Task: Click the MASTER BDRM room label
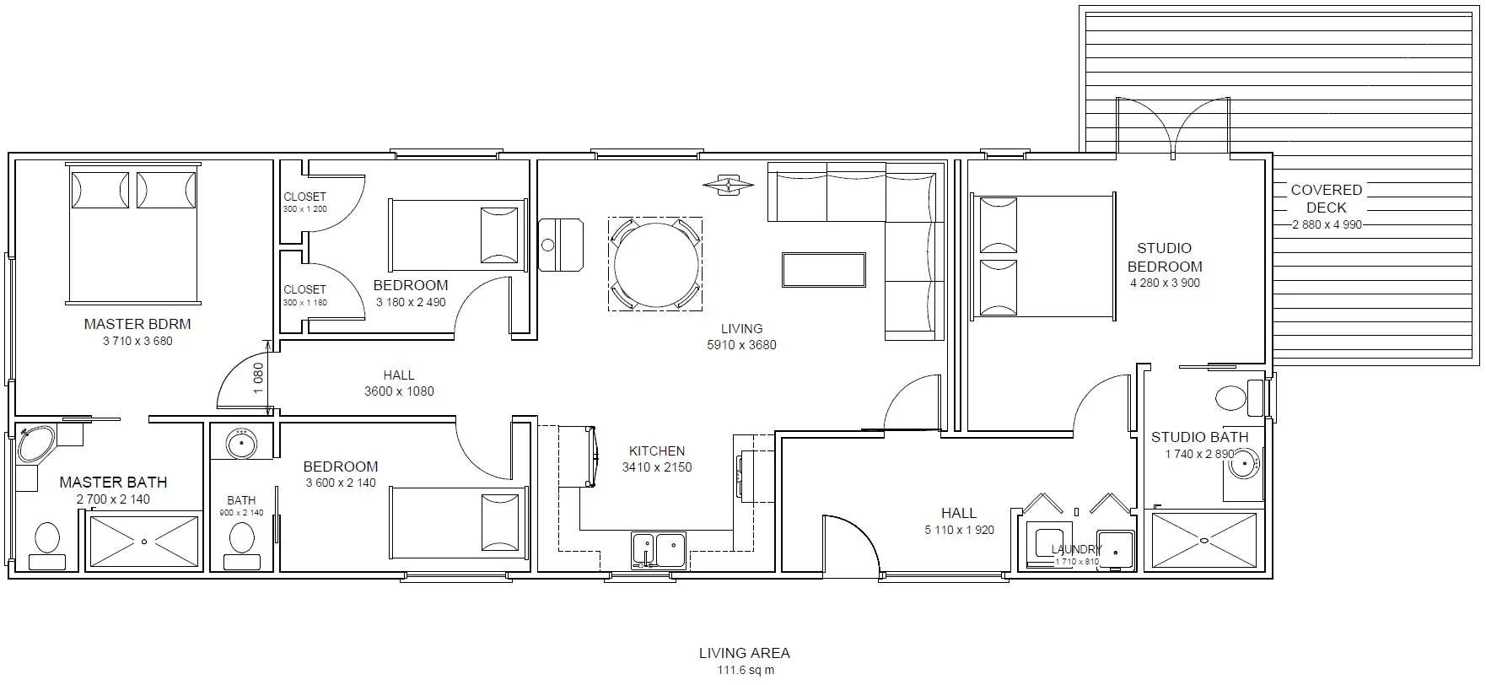click(x=137, y=324)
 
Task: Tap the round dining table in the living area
click(x=657, y=264)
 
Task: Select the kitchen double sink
click(x=659, y=549)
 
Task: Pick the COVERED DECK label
click(x=1326, y=198)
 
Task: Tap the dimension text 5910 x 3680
click(x=741, y=344)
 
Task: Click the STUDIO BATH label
click(x=1199, y=437)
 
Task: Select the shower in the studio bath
click(x=1203, y=540)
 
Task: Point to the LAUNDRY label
click(x=1076, y=549)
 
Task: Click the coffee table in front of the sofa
click(x=823, y=270)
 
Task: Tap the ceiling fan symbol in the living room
click(x=728, y=185)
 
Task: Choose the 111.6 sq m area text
click(x=745, y=671)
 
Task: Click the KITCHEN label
click(x=657, y=451)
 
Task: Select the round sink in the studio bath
click(x=1244, y=462)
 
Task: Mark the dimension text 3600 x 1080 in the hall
click(x=399, y=391)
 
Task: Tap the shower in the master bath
click(x=144, y=541)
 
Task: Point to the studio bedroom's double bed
click(x=1043, y=256)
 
